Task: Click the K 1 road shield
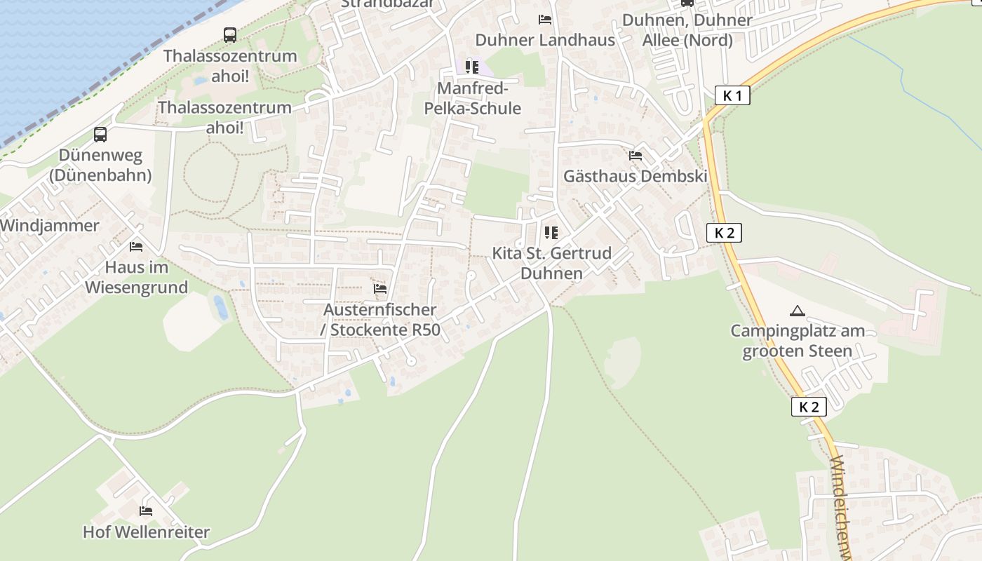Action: [x=732, y=95]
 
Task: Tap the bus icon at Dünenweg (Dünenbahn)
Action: [x=100, y=134]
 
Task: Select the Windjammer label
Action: [x=51, y=226]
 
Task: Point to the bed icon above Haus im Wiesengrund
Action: [x=136, y=247]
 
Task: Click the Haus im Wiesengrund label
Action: [x=137, y=277]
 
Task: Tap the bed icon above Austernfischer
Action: [x=380, y=288]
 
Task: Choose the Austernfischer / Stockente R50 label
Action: [x=382, y=319]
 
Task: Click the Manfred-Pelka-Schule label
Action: [x=473, y=98]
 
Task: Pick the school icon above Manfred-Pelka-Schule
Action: [x=472, y=67]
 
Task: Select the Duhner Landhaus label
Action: [x=545, y=40]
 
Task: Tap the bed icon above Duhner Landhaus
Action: [x=545, y=20]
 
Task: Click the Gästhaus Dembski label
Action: [x=635, y=176]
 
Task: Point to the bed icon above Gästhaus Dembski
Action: [x=635, y=156]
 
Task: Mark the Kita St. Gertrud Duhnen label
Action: [x=552, y=263]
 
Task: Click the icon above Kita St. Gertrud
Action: [x=551, y=232]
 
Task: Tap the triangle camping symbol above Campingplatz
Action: [x=797, y=311]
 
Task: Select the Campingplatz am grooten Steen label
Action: [x=798, y=341]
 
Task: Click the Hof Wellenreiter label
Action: [x=146, y=532]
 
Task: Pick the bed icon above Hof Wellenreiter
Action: [x=146, y=511]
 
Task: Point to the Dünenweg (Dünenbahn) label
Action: [x=105, y=165]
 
